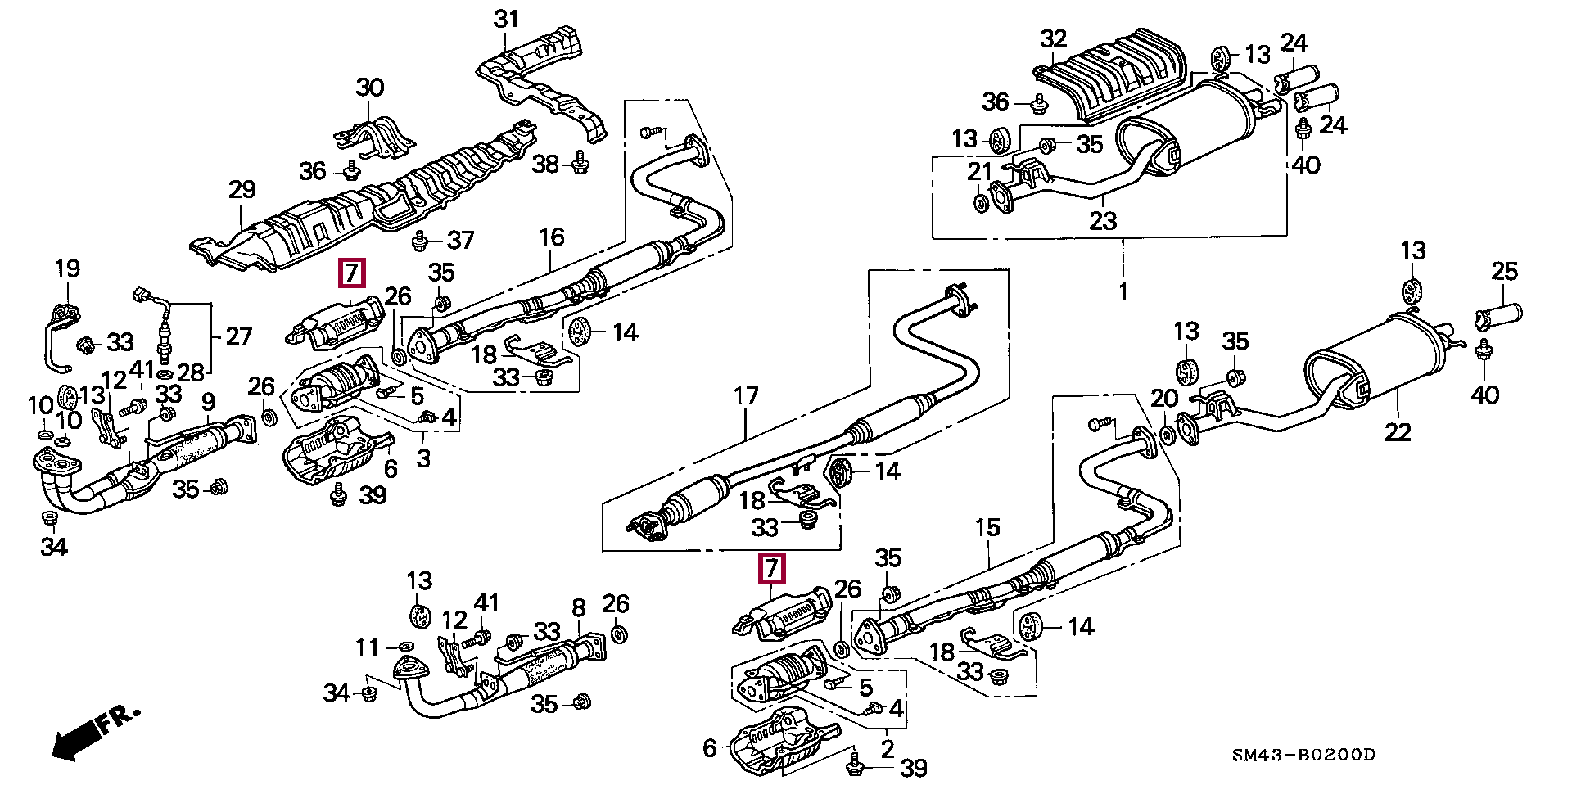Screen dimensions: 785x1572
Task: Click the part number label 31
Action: (x=507, y=18)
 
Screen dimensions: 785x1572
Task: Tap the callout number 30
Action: (x=370, y=87)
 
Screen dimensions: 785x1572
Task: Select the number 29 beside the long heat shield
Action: (x=242, y=190)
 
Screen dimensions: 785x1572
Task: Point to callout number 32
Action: (x=1054, y=38)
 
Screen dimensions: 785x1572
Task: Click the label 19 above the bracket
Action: (x=67, y=268)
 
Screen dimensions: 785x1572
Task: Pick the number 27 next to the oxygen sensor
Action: (x=238, y=336)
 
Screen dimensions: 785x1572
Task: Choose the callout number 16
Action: (x=552, y=237)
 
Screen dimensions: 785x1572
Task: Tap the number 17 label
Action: (x=746, y=396)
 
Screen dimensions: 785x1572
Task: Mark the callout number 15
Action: (x=987, y=527)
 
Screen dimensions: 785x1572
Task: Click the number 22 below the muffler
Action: (x=1398, y=431)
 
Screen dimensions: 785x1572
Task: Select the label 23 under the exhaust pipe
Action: (x=1103, y=220)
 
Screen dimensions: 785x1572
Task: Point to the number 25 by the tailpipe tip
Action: (x=1505, y=271)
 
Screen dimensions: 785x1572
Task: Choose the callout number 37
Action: (x=461, y=240)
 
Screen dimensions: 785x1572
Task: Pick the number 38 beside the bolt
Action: (x=545, y=165)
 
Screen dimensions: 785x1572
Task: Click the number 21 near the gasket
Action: (x=979, y=172)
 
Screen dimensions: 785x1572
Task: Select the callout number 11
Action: (x=368, y=647)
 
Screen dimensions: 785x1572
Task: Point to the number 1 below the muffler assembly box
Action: (x=1123, y=291)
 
